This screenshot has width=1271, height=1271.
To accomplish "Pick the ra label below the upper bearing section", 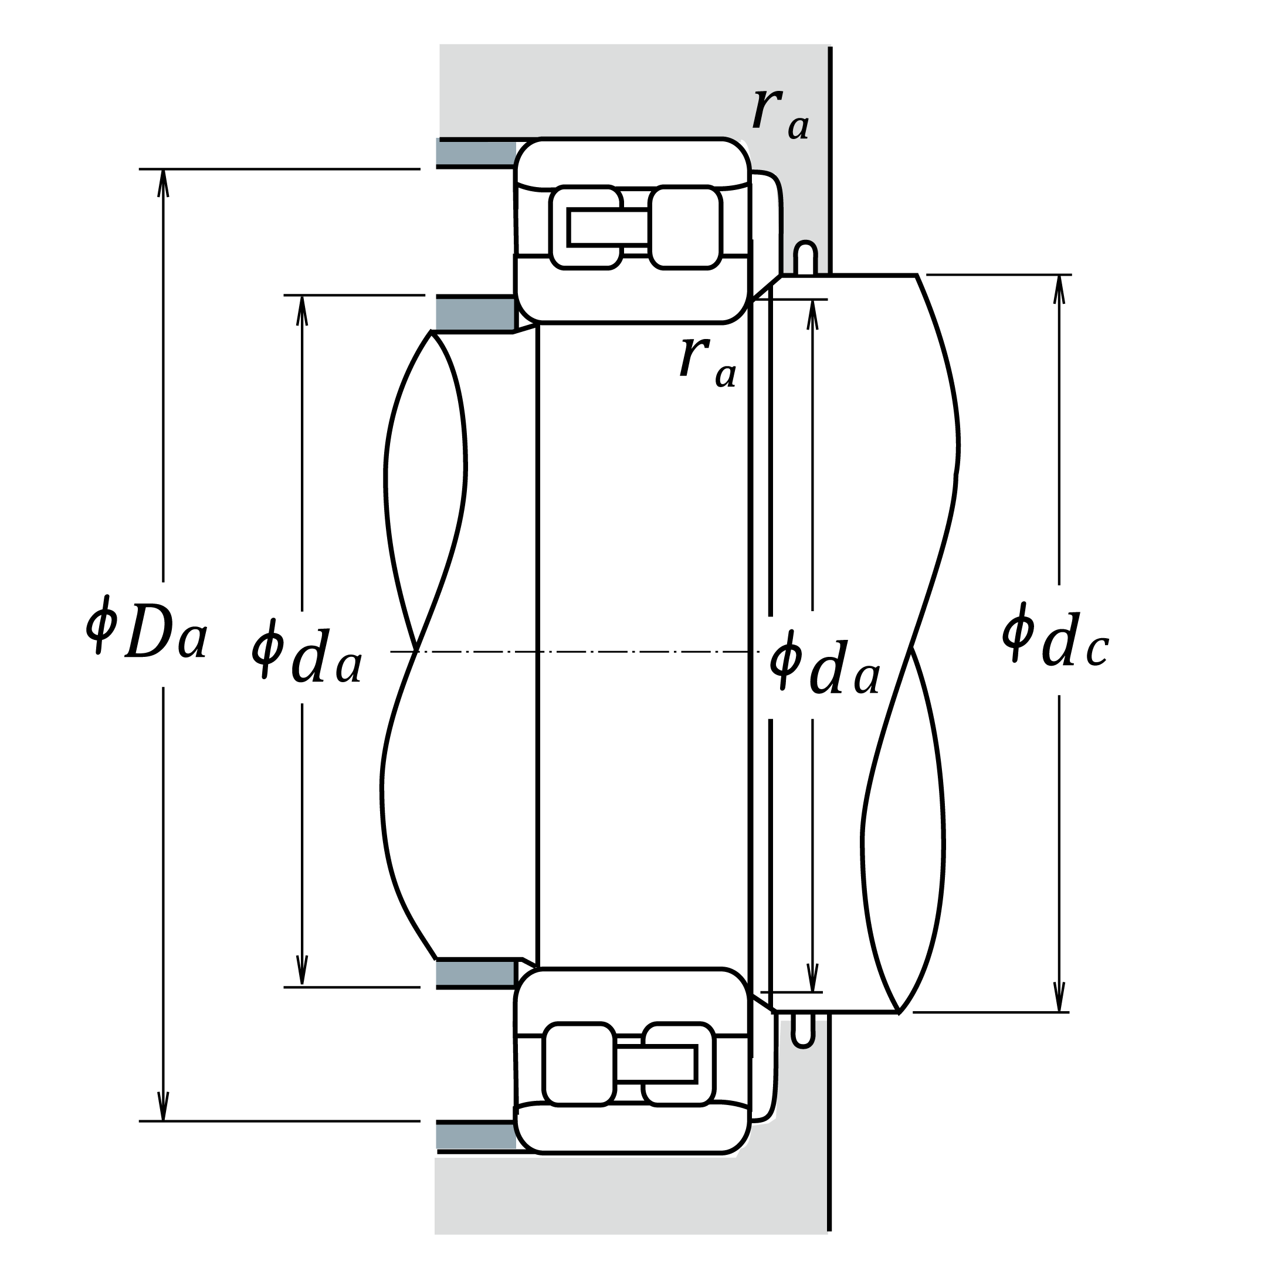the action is point(709,360).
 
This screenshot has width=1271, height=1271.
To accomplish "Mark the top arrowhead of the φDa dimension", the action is point(163,183).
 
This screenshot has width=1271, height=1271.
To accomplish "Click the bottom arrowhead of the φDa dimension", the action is point(163,1107).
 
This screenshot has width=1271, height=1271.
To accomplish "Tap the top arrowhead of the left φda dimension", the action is point(302,309).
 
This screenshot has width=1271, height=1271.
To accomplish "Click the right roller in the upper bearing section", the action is point(685,228).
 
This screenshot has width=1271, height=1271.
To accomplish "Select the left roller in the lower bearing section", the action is point(579,1064).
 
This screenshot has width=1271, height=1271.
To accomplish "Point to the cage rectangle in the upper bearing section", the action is point(609,227).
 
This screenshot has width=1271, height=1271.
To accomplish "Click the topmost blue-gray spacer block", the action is point(476,153).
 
